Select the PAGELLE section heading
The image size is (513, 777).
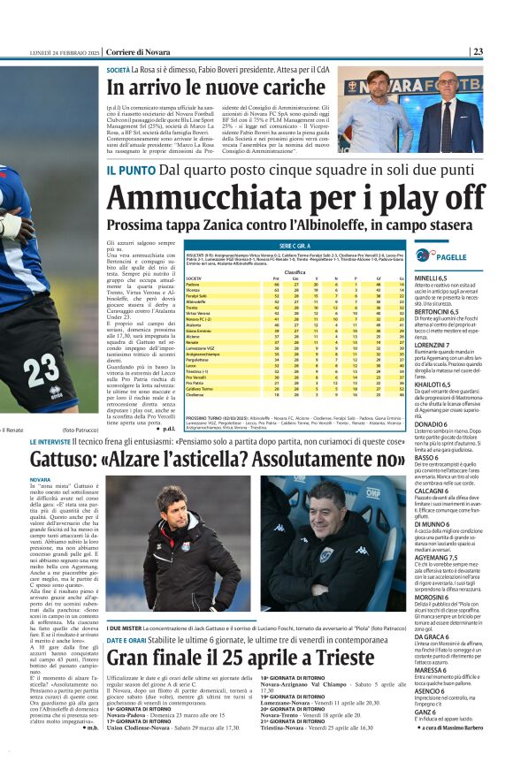tap(451, 256)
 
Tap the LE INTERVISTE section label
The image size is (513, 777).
tap(57, 440)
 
